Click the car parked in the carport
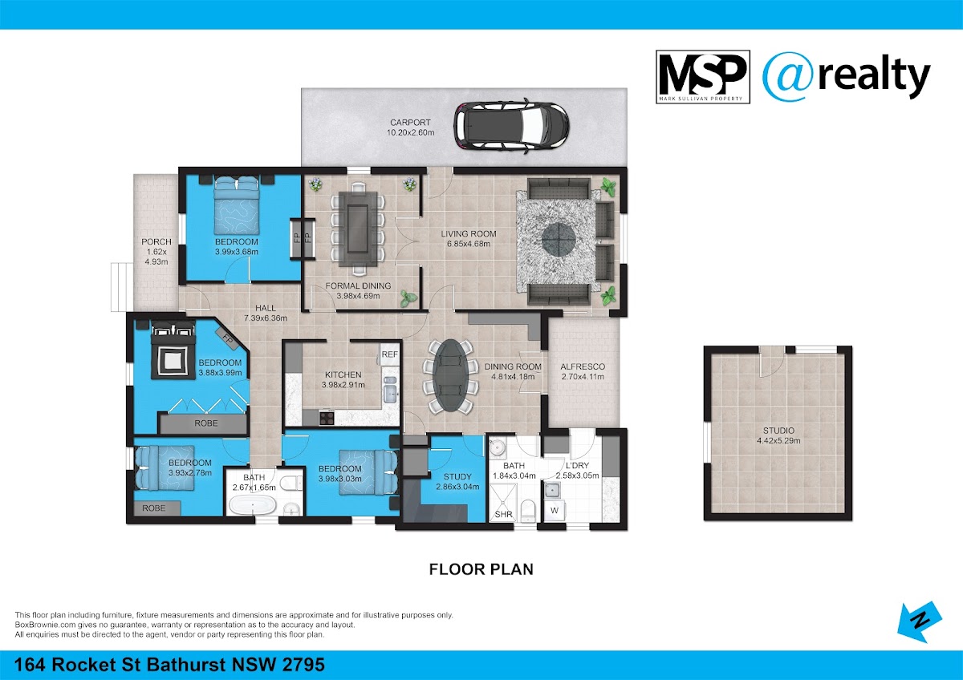[x=511, y=127]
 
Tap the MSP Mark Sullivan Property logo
[x=703, y=77]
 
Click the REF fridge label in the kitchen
[x=389, y=354]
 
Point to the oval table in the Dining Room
[x=450, y=376]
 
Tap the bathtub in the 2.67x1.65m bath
[x=252, y=504]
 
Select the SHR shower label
[x=503, y=514]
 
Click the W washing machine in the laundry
[x=555, y=511]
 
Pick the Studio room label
[x=778, y=431]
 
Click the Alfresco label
[x=583, y=366]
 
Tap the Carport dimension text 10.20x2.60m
[x=410, y=133]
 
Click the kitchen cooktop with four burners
[x=327, y=417]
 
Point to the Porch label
[x=156, y=242]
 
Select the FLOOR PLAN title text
[x=481, y=569]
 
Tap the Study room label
[x=457, y=477]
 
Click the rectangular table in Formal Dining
[x=358, y=229]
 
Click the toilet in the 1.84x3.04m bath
[x=527, y=510]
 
